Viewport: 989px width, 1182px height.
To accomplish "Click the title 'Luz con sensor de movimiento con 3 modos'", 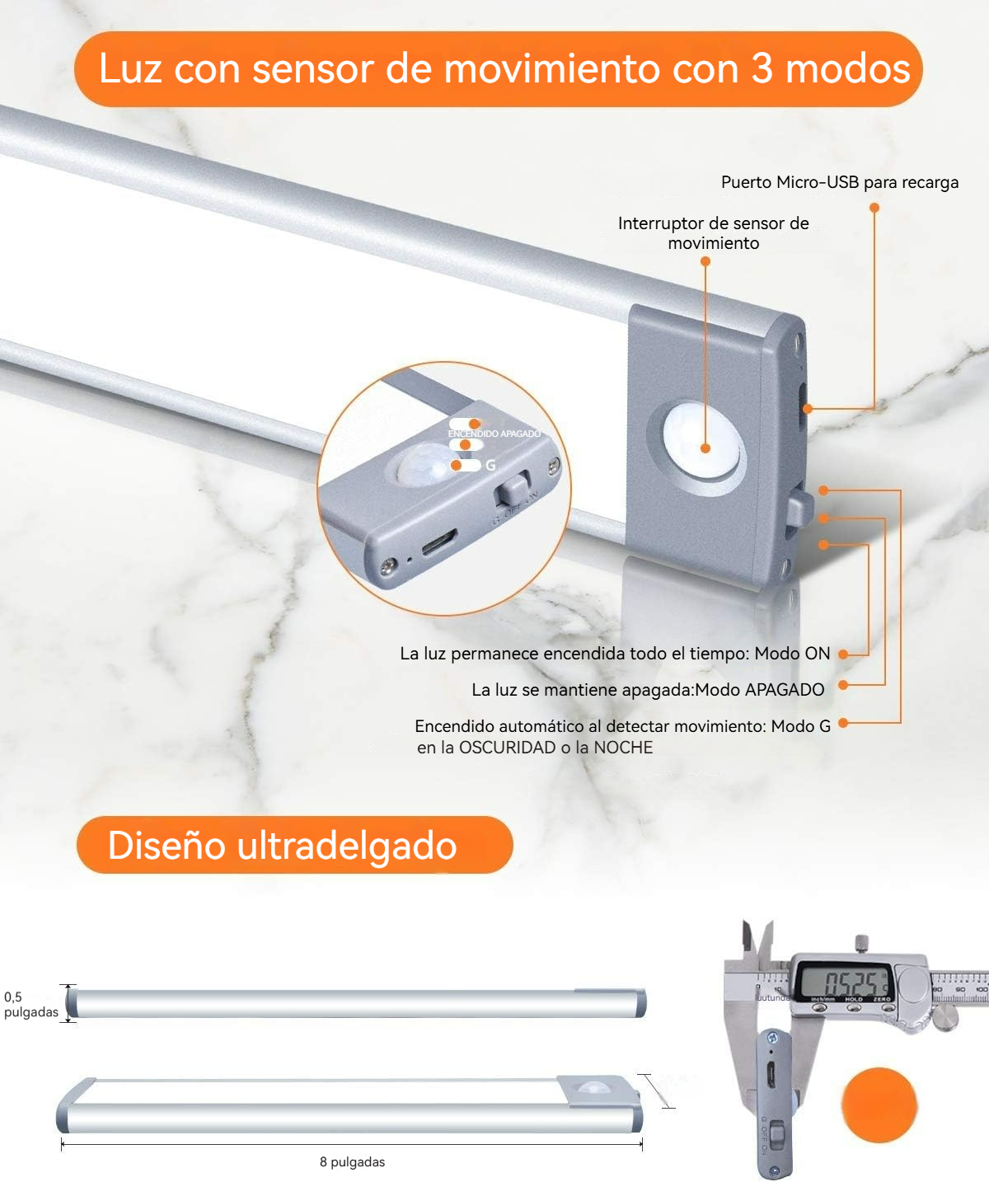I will (x=504, y=68).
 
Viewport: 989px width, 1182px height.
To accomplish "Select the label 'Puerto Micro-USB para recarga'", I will (x=839, y=182).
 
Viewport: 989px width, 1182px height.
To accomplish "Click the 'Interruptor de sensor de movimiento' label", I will (x=713, y=232).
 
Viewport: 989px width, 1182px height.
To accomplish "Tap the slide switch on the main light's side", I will (x=798, y=508).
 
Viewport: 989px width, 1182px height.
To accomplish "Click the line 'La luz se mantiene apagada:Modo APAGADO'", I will (x=648, y=690).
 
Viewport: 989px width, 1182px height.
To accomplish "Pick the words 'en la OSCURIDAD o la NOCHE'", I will (x=535, y=748).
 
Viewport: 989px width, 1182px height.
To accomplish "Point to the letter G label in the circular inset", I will (x=490, y=466).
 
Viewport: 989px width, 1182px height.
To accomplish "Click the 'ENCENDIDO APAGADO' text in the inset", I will (x=494, y=434).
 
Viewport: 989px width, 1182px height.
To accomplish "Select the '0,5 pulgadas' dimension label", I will (x=30, y=1004).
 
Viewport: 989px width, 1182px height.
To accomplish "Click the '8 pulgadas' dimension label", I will (x=352, y=1161).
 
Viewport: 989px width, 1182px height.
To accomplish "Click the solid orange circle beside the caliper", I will (x=879, y=1105).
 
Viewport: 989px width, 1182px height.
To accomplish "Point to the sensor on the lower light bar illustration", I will (x=593, y=1089).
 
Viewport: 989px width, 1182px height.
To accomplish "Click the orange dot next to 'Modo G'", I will (x=843, y=723).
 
